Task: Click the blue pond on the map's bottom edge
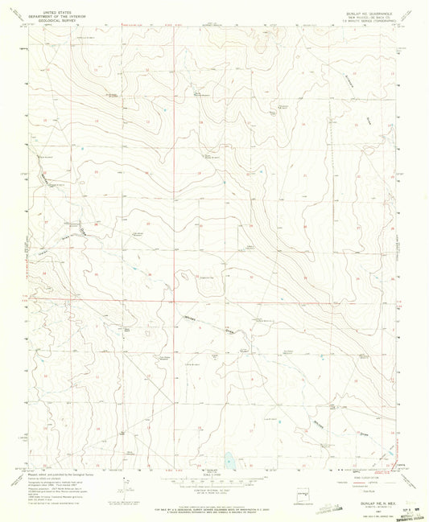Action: click(230, 462)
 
